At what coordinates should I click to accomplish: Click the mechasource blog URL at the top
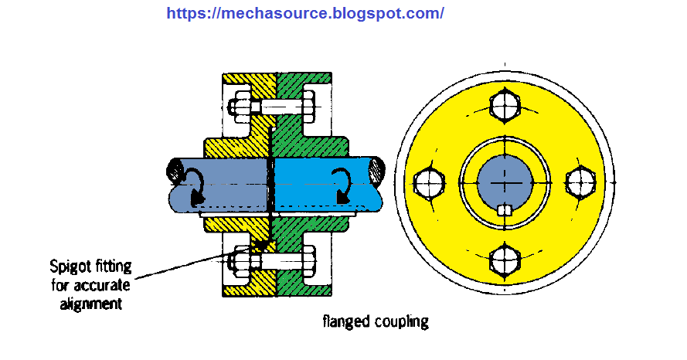tap(305, 13)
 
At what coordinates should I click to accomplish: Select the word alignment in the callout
tap(92, 303)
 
